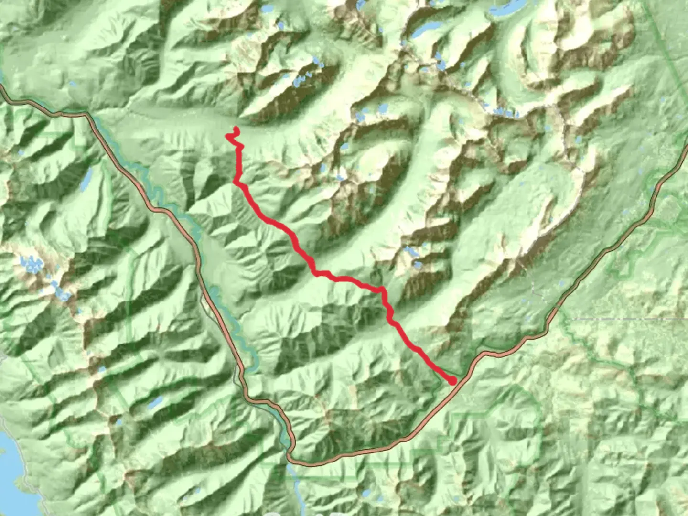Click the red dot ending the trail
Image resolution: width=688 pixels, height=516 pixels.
(x=452, y=381)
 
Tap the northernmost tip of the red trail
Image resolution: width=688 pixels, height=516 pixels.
(x=236, y=128)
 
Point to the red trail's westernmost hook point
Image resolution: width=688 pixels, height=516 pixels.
(x=226, y=137)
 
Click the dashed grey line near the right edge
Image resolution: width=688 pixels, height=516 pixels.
(x=621, y=318)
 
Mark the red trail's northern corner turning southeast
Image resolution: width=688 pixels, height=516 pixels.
(x=235, y=182)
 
